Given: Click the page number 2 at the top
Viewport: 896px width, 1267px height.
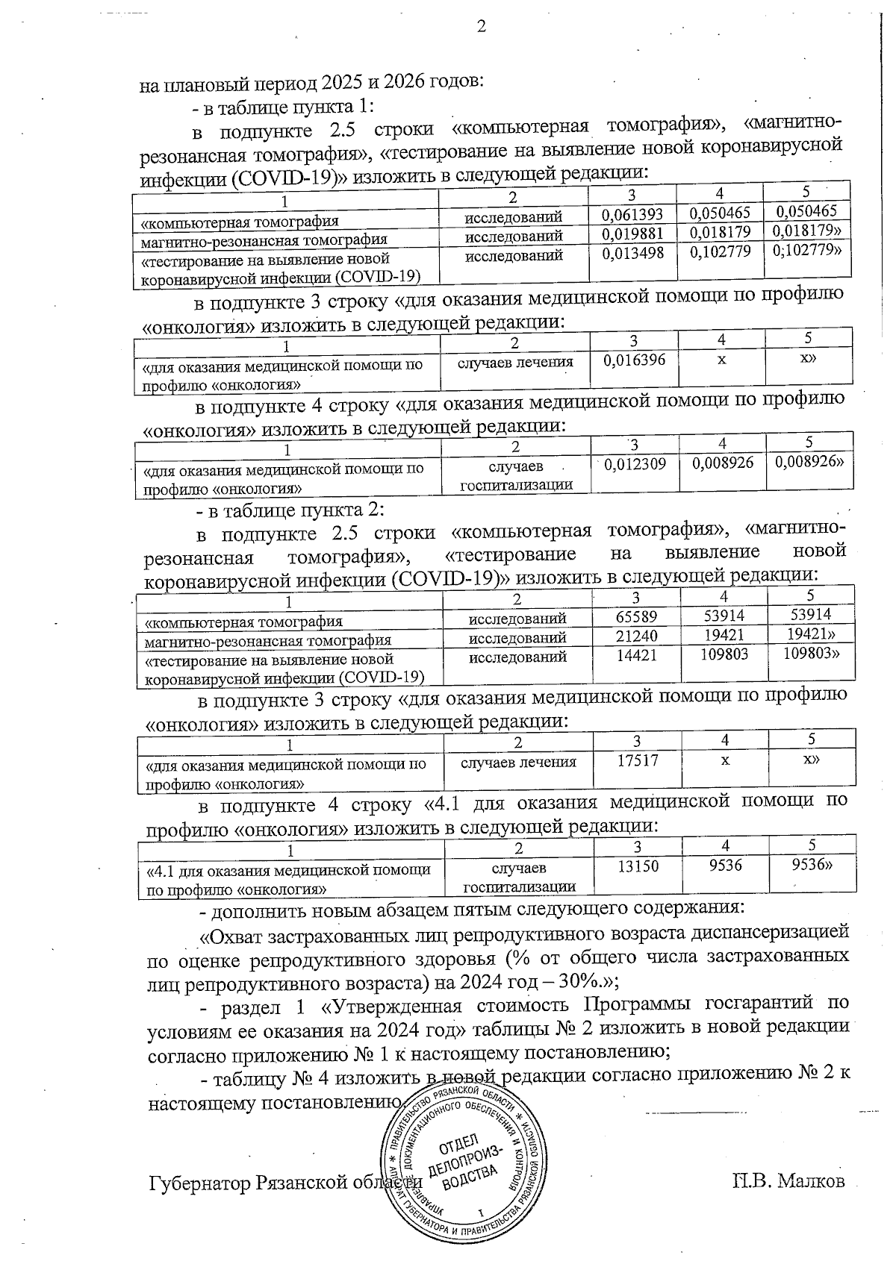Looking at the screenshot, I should coord(481,27).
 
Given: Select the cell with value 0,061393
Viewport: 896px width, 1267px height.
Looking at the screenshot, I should coord(632,216).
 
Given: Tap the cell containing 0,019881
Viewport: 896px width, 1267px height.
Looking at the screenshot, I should coord(632,236).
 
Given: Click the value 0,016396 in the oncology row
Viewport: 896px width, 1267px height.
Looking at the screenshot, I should coord(633,360).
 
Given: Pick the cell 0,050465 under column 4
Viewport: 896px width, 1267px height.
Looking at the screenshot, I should coord(721,214).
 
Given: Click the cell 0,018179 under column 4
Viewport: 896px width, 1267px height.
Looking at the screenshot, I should coord(721,234).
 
